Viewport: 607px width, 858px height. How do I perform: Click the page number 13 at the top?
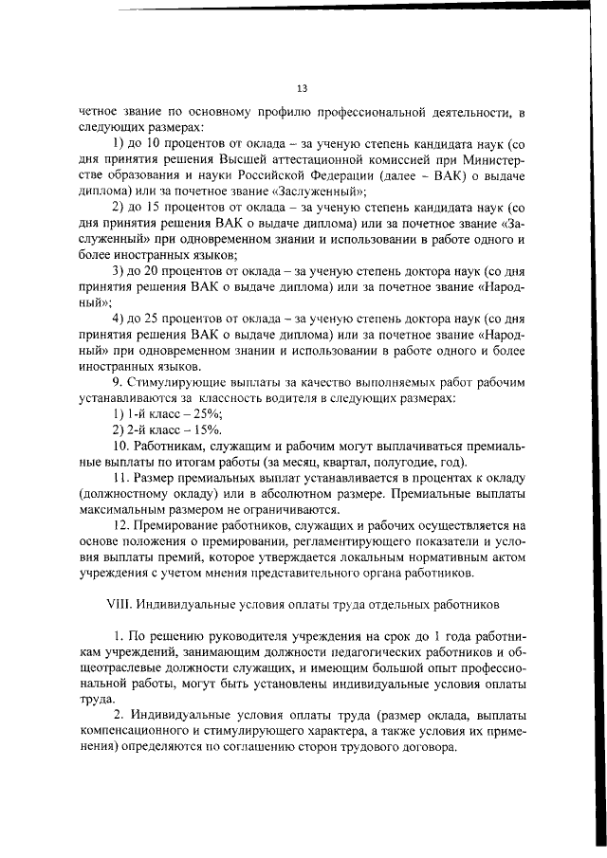tap(302, 89)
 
